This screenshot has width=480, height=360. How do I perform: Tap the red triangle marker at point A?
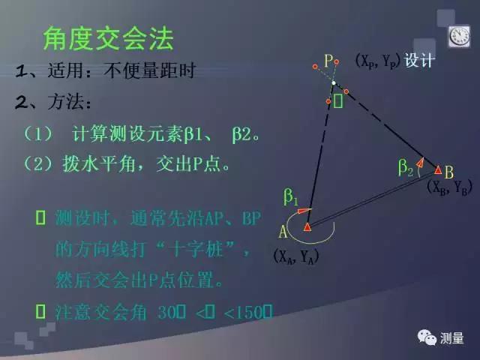[x=307, y=226]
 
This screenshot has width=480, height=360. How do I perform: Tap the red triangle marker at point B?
[x=438, y=169]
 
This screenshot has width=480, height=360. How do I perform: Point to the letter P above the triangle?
[x=329, y=60]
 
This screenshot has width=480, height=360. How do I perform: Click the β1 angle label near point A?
[x=291, y=197]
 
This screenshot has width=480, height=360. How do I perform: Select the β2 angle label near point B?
[x=406, y=169]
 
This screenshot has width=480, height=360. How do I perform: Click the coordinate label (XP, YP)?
[x=377, y=61]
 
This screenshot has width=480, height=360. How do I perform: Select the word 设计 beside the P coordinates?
[x=419, y=61]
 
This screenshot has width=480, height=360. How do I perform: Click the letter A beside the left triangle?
[x=284, y=231]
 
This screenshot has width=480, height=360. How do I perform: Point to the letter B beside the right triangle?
[x=448, y=170]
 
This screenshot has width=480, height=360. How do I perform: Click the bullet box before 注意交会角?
[x=40, y=309]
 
